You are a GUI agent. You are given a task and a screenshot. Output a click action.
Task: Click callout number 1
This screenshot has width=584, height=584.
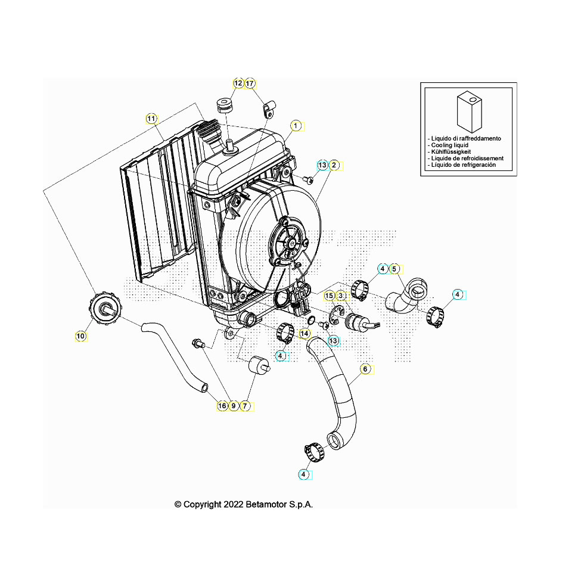point(294,126)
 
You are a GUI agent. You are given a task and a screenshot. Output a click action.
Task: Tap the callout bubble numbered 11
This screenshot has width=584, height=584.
point(151,119)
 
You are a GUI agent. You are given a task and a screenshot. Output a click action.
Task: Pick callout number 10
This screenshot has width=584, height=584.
point(80,336)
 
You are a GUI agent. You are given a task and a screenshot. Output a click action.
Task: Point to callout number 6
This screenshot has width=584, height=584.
point(365,369)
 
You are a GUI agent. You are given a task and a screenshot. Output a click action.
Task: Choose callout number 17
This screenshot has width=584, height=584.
point(250,83)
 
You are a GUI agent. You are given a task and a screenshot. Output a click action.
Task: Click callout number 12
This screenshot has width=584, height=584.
point(238,83)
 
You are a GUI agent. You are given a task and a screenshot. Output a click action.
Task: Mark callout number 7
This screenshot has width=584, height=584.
point(244,406)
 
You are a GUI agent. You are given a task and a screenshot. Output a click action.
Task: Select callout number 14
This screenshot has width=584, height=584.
point(305,333)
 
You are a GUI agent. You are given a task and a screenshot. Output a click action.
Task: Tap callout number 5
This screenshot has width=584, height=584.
point(394,269)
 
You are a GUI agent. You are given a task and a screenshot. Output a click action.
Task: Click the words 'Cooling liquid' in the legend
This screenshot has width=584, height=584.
point(448,145)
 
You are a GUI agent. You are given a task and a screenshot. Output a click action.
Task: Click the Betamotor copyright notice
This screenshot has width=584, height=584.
point(243,504)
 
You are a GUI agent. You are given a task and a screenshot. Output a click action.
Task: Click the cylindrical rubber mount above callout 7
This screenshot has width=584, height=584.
point(259,364)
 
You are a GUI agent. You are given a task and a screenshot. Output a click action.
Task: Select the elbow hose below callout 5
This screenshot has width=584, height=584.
point(406,296)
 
